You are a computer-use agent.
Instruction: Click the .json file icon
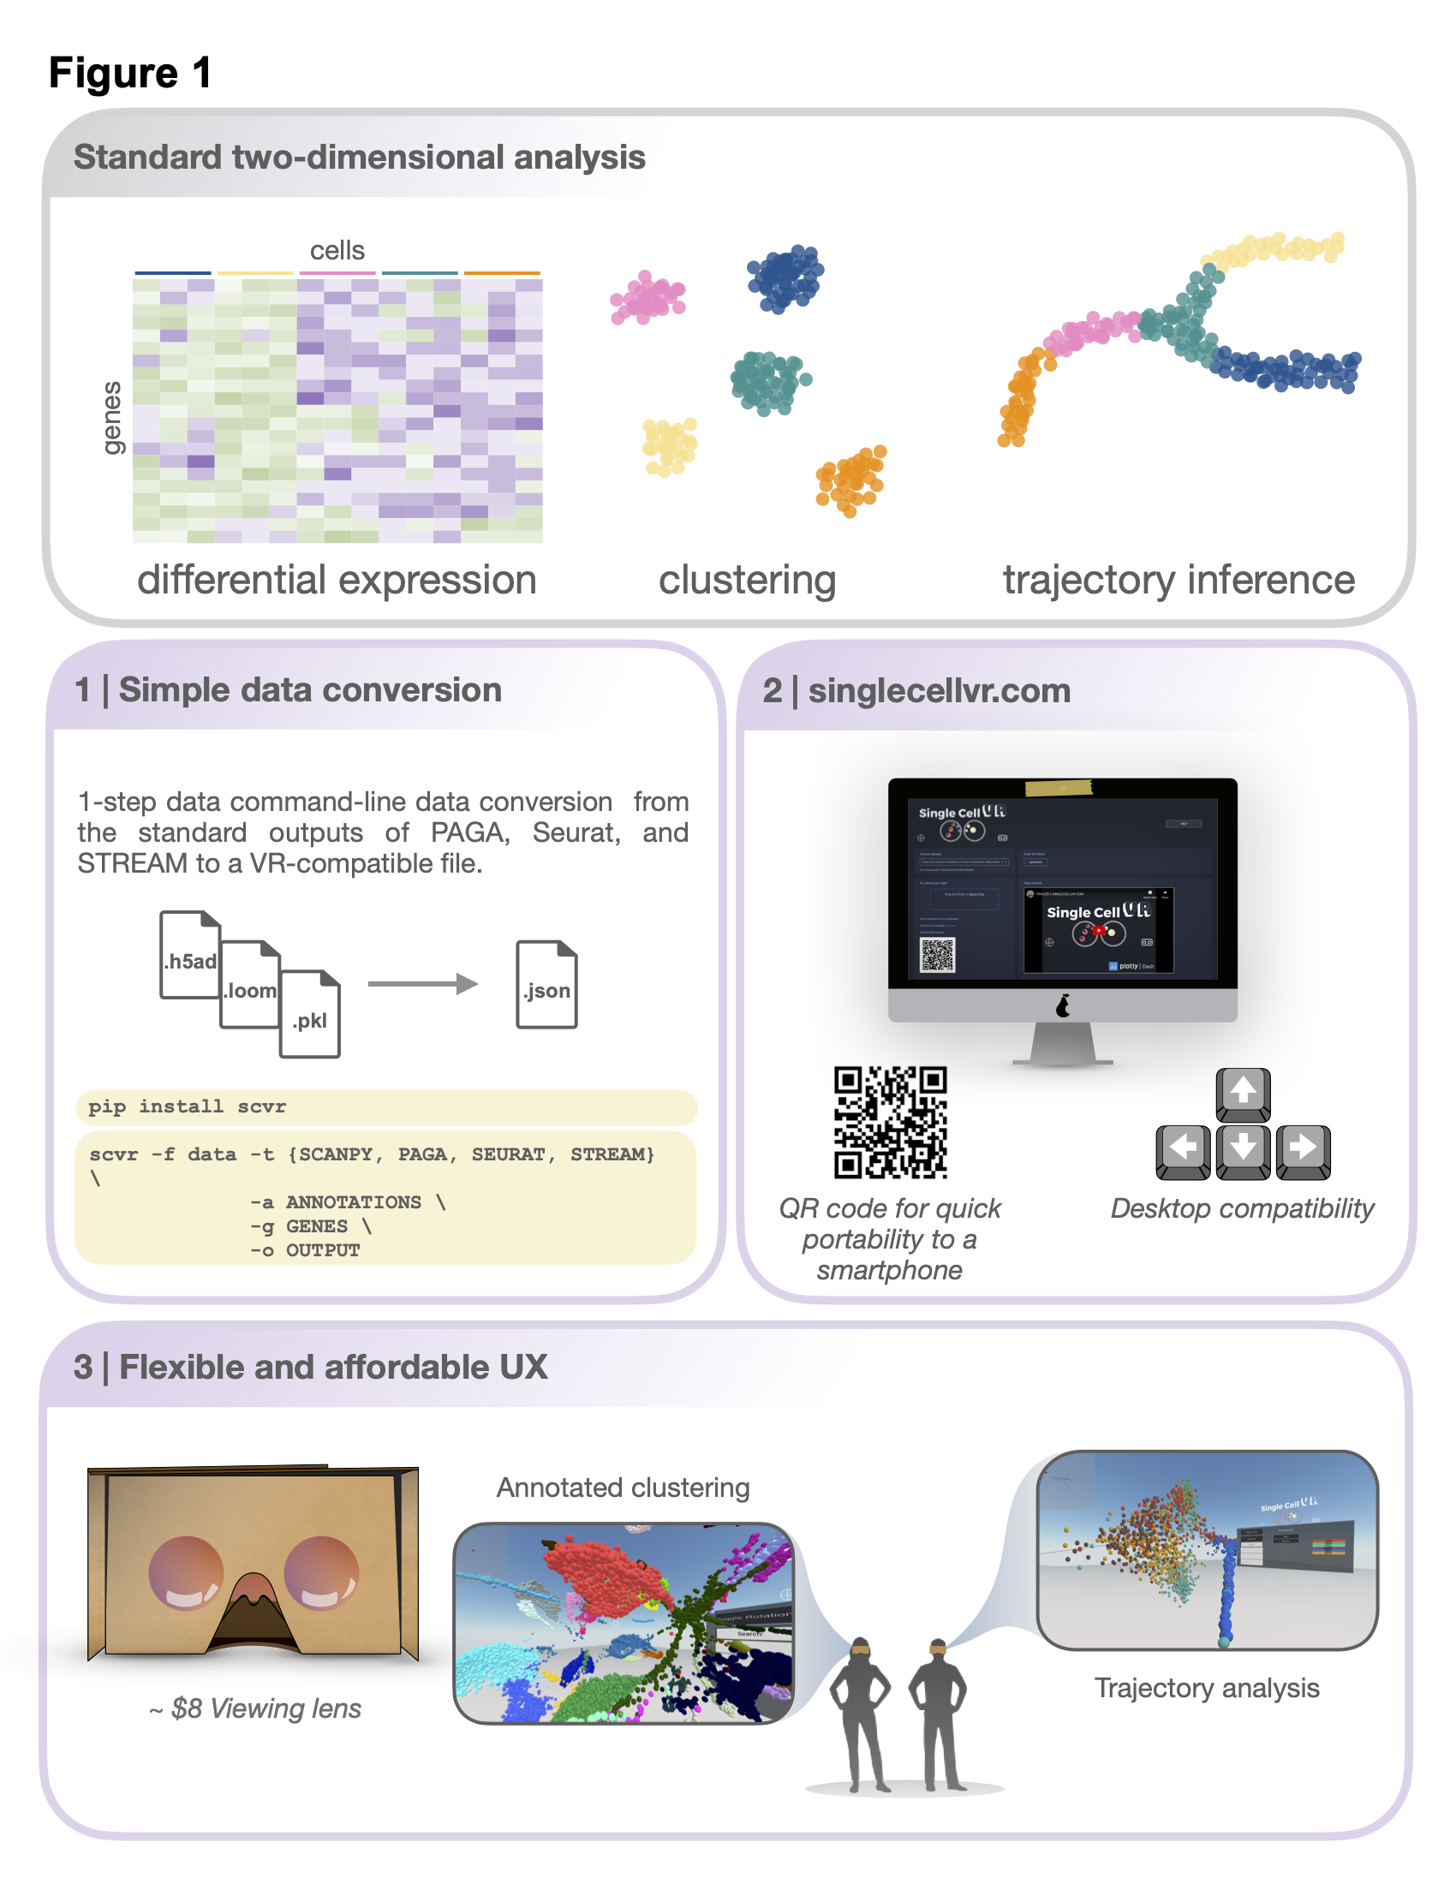click(x=546, y=984)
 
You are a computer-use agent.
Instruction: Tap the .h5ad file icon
click(x=190, y=955)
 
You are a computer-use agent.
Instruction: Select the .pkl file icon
click(x=310, y=1015)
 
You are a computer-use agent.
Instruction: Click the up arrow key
click(x=1242, y=1093)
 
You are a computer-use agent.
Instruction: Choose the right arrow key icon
click(x=1303, y=1150)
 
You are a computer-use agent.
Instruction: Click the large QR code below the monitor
click(x=890, y=1123)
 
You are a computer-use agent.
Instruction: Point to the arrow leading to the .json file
click(x=421, y=984)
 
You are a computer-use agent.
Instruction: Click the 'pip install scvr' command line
click(x=188, y=1106)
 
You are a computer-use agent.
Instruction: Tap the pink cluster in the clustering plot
click(x=647, y=298)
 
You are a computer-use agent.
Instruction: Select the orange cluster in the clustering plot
click(x=851, y=480)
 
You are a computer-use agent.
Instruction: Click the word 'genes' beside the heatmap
click(x=112, y=418)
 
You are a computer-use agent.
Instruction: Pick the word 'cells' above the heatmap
click(x=337, y=251)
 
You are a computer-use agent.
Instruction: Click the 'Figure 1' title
click(x=130, y=73)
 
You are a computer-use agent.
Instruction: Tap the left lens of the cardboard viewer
click(x=186, y=1573)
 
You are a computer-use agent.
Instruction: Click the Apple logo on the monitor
click(x=1063, y=1006)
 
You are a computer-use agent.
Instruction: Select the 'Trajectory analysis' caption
click(x=1206, y=1688)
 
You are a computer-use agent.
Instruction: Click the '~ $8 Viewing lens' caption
click(x=255, y=1709)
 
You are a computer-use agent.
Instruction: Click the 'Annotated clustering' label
click(x=623, y=1488)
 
